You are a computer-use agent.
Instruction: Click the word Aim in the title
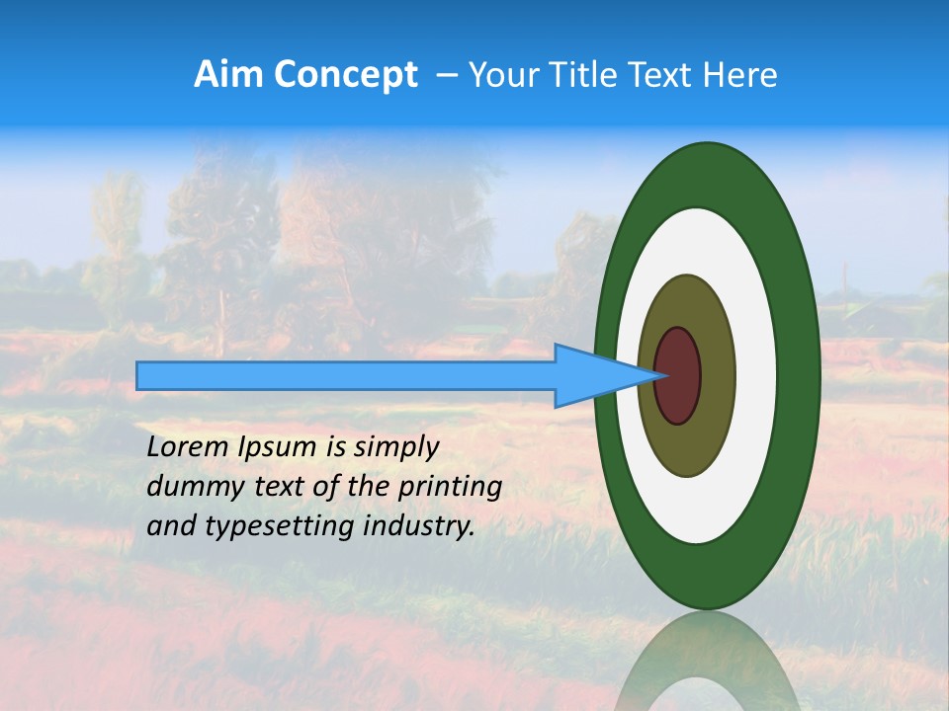point(227,75)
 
